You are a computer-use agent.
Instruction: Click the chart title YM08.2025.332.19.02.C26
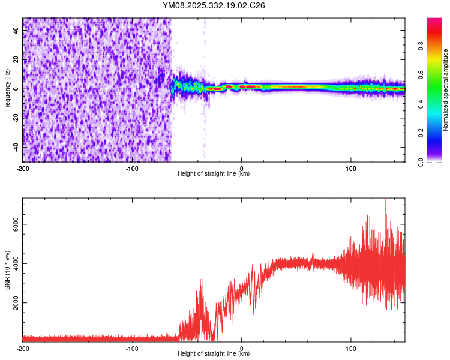(214, 5)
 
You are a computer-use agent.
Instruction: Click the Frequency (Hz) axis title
(7, 90)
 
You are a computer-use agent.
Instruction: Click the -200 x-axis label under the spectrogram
(23, 167)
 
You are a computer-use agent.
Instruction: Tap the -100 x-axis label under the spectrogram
(132, 167)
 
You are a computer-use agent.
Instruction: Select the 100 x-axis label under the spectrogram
(350, 167)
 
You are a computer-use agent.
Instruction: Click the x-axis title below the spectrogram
(214, 174)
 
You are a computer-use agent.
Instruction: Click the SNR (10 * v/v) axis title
(7, 270)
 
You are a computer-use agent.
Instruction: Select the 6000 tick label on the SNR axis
(14, 224)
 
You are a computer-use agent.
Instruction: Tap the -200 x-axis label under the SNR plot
(23, 348)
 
